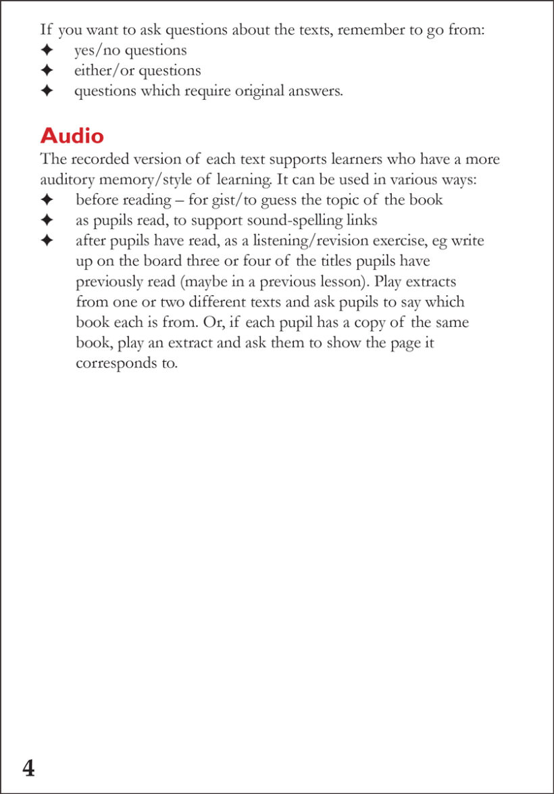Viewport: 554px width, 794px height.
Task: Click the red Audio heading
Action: pyautogui.click(x=72, y=136)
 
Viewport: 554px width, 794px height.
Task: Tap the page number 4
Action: pyautogui.click(x=28, y=768)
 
